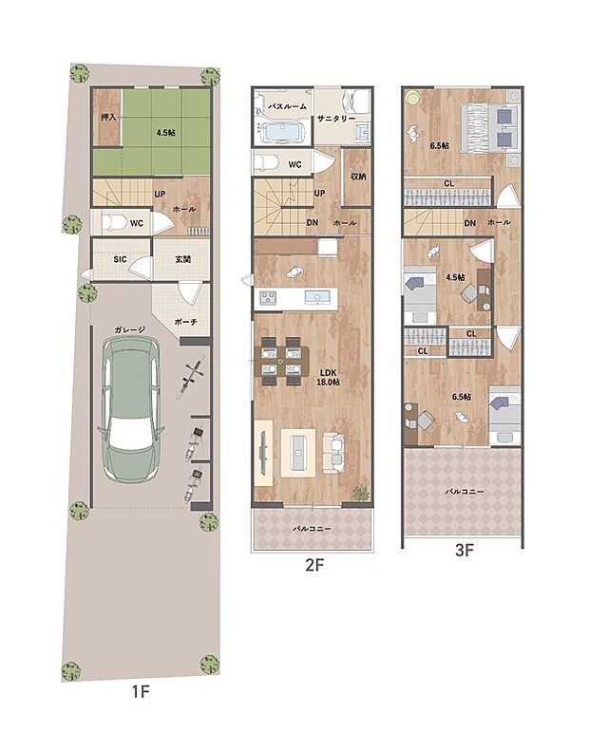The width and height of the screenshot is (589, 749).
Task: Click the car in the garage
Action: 131,409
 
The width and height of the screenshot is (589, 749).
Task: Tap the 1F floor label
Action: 141,691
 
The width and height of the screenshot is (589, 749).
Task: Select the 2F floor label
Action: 314,565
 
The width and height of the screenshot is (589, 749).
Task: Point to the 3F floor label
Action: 464,551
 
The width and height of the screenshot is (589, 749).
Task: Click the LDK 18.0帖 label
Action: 329,377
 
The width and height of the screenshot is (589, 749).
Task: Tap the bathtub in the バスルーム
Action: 281,132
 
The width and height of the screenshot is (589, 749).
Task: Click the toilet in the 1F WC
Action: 114,222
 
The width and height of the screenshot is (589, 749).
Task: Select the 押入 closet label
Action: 109,117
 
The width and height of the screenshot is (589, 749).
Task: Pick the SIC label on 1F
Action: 120,259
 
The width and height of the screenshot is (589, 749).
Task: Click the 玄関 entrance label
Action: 182,259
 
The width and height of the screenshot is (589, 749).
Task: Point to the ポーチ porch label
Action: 185,322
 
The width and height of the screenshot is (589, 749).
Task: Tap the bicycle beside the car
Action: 191,378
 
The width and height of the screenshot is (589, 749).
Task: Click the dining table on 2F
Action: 281,360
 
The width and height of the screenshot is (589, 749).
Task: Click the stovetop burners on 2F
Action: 268,297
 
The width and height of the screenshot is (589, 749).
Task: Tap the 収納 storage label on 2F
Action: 358,177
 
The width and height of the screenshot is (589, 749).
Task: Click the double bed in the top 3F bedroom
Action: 489,127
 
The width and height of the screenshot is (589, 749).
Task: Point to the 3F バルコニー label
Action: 465,492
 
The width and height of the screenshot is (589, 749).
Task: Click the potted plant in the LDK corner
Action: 361,492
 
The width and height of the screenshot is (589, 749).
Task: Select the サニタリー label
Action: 336,118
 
